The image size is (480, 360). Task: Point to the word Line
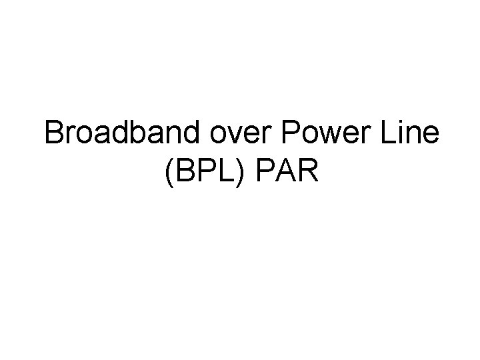pyautogui.click(x=411, y=136)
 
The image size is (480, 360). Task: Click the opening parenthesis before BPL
pyautogui.click(x=165, y=172)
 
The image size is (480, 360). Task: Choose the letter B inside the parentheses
pyautogui.click(x=181, y=171)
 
